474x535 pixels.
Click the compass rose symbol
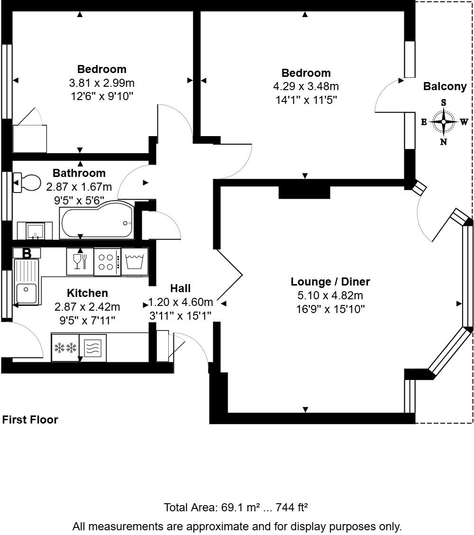click(x=444, y=122)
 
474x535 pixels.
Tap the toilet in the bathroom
click(x=27, y=182)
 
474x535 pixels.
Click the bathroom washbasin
click(x=35, y=231)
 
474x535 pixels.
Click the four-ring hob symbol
click(x=107, y=261)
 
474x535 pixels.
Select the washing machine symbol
click(x=135, y=261)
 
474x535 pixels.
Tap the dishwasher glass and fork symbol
click(x=80, y=261)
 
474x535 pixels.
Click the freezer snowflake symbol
click(x=65, y=348)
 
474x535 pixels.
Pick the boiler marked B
click(x=27, y=253)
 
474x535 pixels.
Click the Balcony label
click(x=445, y=86)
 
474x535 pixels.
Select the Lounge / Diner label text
click(x=330, y=282)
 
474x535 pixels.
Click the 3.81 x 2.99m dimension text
click(x=102, y=83)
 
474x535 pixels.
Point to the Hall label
click(x=180, y=288)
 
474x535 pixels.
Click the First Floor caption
click(x=30, y=420)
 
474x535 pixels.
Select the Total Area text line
click(x=236, y=507)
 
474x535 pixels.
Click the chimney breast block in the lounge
click(x=304, y=192)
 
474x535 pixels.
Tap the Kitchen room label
click(x=87, y=293)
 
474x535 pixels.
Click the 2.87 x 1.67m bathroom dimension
click(x=79, y=187)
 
